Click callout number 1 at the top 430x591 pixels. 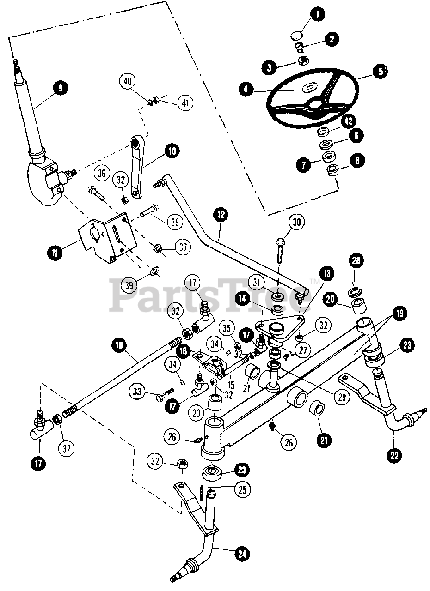pyautogui.click(x=317, y=14)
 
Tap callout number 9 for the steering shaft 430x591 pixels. pyautogui.click(x=60, y=87)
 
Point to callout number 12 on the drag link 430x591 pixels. pyautogui.click(x=221, y=214)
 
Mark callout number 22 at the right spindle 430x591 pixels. pyautogui.click(x=394, y=456)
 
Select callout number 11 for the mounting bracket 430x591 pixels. pyautogui.click(x=55, y=252)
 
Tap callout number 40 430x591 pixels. pyautogui.click(x=127, y=82)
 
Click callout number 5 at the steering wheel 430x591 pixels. pyautogui.click(x=380, y=72)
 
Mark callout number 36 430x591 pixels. pyautogui.click(x=103, y=173)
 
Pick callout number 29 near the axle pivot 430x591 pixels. pyautogui.click(x=341, y=397)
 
